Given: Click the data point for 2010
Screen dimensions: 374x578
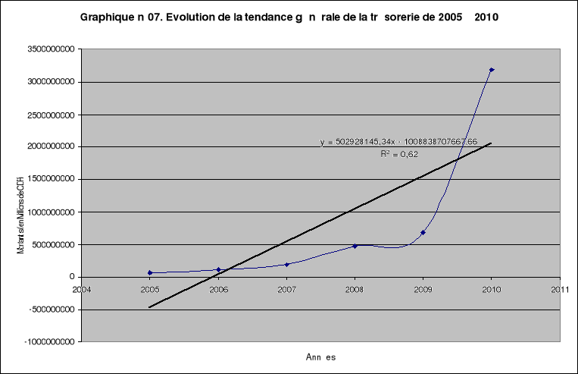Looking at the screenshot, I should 492,70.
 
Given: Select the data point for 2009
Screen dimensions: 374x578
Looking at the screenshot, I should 423,232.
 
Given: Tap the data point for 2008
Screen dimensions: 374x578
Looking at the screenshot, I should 355,246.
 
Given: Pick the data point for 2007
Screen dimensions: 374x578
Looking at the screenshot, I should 286,264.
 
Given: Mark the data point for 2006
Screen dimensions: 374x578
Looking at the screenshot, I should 218,269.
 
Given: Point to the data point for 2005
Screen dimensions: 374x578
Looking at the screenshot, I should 150,272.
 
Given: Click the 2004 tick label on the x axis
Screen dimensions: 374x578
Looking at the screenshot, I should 82,289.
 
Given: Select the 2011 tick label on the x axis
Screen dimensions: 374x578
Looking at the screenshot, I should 560,289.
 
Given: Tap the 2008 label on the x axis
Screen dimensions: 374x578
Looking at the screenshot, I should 355,289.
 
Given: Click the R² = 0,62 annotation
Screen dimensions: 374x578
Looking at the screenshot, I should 399,153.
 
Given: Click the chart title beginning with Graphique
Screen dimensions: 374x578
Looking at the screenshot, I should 289,17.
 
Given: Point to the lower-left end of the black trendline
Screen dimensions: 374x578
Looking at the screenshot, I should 150,307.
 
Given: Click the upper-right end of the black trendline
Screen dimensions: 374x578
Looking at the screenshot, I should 492,143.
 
